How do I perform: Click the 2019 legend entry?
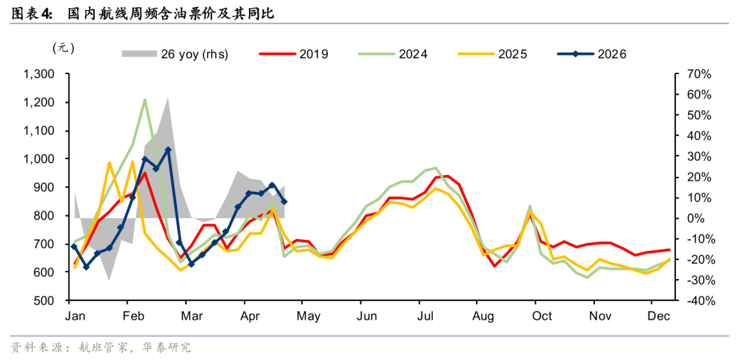(294, 54)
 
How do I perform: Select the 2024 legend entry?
(392, 54)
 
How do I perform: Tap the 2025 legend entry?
(493, 54)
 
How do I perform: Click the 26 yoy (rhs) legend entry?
(176, 54)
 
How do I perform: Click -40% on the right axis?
(694, 301)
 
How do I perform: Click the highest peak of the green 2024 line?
(145, 99)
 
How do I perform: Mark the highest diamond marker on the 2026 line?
(168, 149)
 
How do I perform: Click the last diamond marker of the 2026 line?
(284, 202)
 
